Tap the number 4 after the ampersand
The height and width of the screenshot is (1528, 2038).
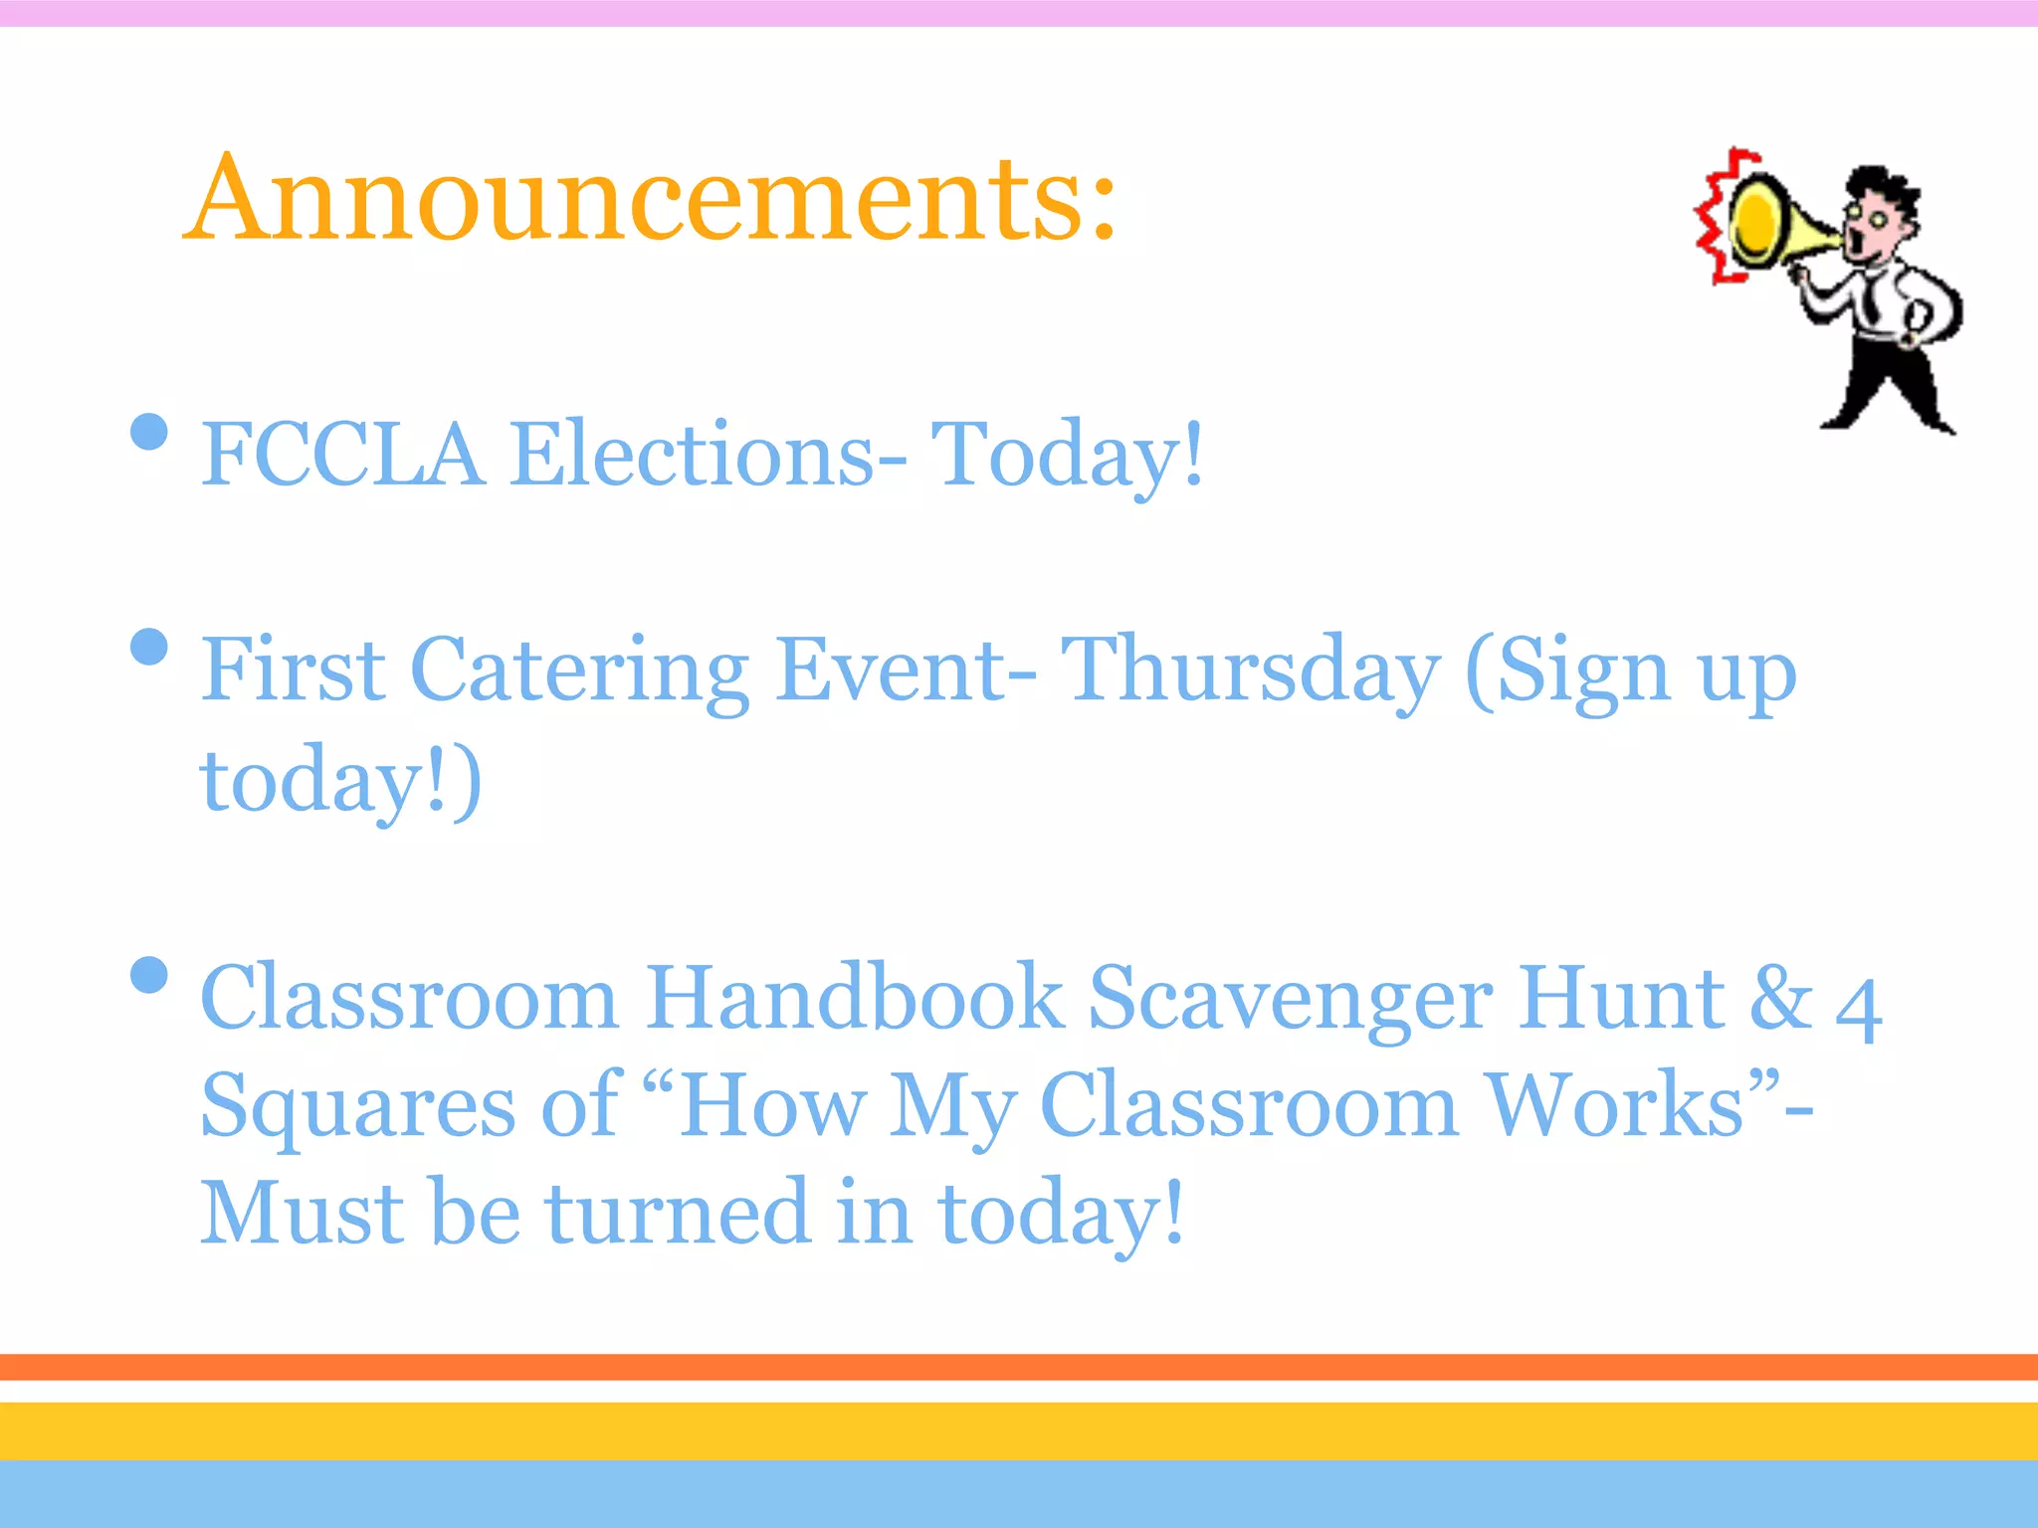(x=1858, y=1008)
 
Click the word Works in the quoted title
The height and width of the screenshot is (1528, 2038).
(x=1612, y=1106)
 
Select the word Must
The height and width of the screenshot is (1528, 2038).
(x=302, y=1214)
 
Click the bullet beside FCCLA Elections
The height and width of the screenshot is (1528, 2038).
(x=149, y=432)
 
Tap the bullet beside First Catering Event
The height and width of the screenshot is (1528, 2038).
(x=149, y=647)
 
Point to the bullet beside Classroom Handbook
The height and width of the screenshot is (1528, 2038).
(x=149, y=975)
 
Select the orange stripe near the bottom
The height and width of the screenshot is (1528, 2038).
(x=1019, y=1367)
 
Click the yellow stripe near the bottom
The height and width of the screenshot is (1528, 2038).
(x=1019, y=1431)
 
